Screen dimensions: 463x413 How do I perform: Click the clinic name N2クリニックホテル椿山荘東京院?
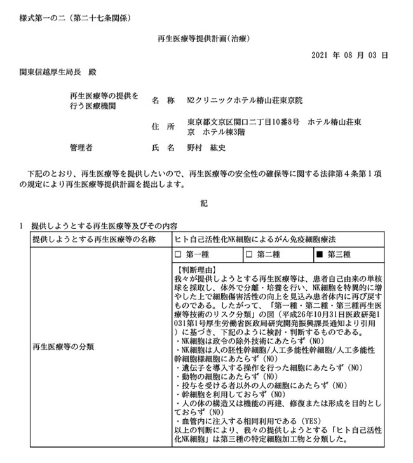(x=250, y=100)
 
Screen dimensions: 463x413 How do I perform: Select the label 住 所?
(x=163, y=126)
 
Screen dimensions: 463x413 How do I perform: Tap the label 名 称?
(x=163, y=100)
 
